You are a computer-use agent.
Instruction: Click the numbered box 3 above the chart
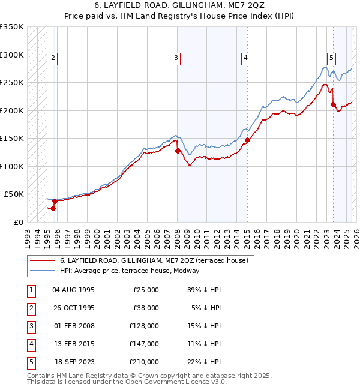point(176,58)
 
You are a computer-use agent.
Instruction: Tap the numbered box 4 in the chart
point(246,58)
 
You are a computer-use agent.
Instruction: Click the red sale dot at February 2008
point(178,151)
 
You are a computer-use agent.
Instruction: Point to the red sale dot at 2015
point(247,140)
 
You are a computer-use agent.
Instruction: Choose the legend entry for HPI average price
point(132,271)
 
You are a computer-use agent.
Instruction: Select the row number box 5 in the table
point(30,362)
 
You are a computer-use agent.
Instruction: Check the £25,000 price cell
point(145,290)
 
